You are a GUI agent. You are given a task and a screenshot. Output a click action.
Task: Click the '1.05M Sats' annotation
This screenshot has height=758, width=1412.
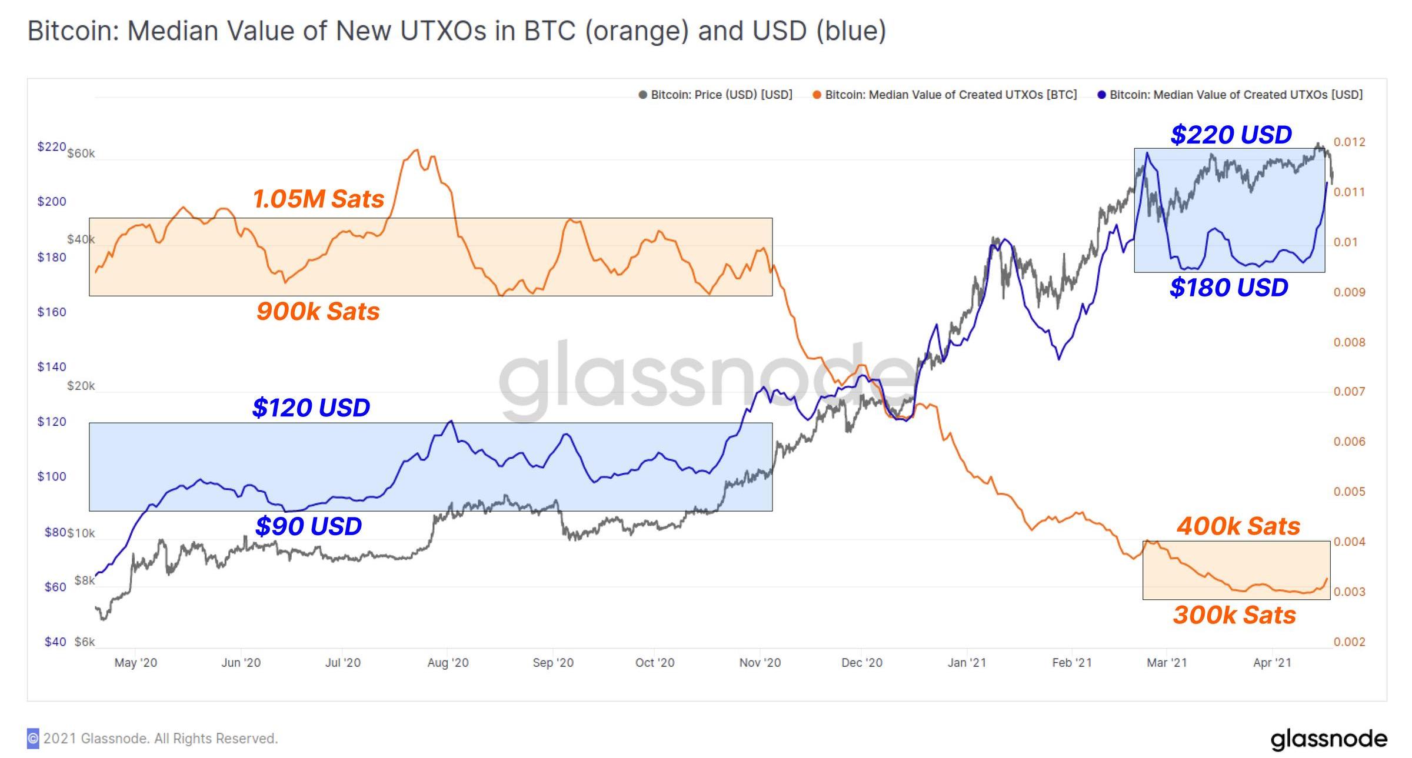[x=318, y=199]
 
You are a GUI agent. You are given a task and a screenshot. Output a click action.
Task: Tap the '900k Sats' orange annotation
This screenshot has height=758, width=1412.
[x=318, y=311]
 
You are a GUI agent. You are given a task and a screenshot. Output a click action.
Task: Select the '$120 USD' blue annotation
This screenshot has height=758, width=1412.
[x=311, y=408]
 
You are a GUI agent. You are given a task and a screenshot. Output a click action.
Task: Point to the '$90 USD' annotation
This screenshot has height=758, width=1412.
[x=308, y=526]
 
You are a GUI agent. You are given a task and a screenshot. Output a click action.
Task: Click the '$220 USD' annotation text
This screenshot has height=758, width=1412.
[x=1231, y=135]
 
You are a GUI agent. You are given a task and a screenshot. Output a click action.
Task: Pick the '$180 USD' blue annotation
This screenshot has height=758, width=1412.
[x=1228, y=288]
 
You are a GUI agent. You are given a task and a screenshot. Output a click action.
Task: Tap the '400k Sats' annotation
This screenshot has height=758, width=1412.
[x=1238, y=526]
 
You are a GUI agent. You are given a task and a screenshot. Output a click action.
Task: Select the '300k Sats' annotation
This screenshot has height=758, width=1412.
[x=1234, y=615]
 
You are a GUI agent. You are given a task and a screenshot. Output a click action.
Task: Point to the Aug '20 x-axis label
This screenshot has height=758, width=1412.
[x=448, y=663]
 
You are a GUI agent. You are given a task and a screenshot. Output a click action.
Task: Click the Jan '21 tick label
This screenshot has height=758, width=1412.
[x=967, y=663]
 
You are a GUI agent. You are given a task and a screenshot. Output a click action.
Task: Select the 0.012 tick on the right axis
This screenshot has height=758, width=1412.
[x=1349, y=142]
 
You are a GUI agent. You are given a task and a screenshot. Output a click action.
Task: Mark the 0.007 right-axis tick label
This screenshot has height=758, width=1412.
[x=1349, y=392]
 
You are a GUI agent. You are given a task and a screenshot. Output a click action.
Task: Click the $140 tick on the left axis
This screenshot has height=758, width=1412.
[x=52, y=367]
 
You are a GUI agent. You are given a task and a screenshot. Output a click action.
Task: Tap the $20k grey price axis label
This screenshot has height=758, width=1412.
[x=81, y=386]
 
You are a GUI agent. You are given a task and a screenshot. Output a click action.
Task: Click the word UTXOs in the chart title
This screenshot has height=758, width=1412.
[x=443, y=31]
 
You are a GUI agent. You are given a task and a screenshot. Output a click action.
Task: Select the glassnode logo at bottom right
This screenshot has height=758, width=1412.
[x=1328, y=739]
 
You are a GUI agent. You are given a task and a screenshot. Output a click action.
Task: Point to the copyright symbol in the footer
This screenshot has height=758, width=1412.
[x=33, y=738]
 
